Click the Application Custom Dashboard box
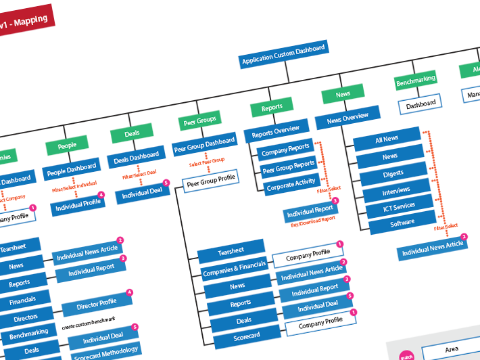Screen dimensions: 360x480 click(x=284, y=55)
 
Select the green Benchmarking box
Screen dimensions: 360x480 click(x=415, y=82)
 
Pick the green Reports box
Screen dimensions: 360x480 click(x=272, y=107)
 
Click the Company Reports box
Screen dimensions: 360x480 click(x=285, y=149)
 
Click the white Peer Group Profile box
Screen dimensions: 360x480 click(x=211, y=179)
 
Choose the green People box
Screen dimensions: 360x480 click(x=67, y=145)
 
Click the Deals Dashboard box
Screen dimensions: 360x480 click(x=136, y=158)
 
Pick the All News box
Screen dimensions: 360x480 click(x=386, y=139)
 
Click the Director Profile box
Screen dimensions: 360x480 click(x=98, y=305)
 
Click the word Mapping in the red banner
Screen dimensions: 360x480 click(x=30, y=22)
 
